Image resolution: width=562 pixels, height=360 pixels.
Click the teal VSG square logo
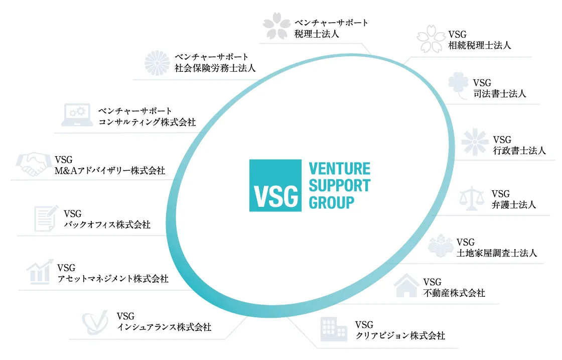click(x=275, y=185)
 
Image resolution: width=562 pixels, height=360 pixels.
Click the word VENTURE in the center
click(x=339, y=169)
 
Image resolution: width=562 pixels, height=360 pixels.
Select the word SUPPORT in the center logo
click(x=339, y=185)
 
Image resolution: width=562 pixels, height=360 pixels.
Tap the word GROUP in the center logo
click(x=332, y=202)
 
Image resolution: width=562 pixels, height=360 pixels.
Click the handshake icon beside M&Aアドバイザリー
click(x=34, y=164)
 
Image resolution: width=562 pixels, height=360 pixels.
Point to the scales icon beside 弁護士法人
click(x=472, y=198)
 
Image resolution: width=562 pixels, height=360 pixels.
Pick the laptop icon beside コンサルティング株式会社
click(x=77, y=115)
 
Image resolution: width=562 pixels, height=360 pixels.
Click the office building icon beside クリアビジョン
click(x=333, y=329)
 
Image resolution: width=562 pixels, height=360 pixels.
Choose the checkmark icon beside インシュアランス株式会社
click(x=95, y=322)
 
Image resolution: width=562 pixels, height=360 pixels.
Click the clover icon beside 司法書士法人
click(x=459, y=85)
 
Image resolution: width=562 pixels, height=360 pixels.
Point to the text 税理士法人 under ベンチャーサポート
click(x=317, y=34)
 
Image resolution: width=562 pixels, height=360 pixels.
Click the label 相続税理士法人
click(x=480, y=46)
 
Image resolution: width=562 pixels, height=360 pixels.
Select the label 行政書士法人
click(x=519, y=151)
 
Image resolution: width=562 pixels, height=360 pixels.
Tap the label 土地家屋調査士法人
click(x=497, y=253)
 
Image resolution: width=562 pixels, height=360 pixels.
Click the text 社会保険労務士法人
click(x=215, y=68)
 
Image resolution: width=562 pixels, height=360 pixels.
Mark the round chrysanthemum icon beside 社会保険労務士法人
click(x=157, y=63)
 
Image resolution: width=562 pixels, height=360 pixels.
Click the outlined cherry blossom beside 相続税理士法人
click(x=431, y=39)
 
